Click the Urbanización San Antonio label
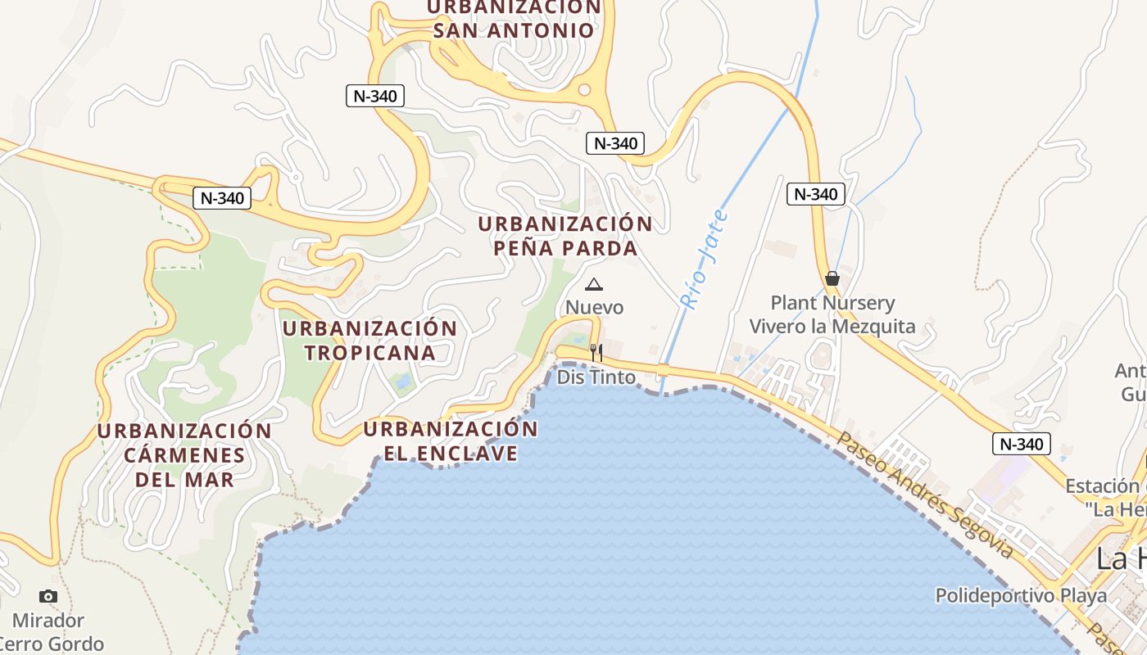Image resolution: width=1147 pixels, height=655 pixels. coord(514,19)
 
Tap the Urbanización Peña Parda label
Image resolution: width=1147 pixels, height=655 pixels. coord(566,236)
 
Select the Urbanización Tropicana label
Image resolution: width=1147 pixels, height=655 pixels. coord(370,341)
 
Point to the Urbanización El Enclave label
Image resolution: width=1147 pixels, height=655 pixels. coord(451,440)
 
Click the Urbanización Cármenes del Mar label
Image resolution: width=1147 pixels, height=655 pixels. coord(184,455)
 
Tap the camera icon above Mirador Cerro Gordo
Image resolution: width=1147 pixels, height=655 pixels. coord(48,596)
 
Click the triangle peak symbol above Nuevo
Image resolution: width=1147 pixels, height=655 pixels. coord(594,285)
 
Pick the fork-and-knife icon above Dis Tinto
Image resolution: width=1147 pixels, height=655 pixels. coord(596,353)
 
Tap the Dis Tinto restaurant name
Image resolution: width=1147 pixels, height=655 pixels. coord(596,377)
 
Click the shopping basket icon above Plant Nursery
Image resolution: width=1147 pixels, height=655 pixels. coord(832,278)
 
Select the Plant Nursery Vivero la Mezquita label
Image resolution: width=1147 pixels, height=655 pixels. coord(832,314)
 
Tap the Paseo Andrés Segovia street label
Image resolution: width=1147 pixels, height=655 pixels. coord(924,495)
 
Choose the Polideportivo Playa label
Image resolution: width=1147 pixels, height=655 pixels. coord(1021,595)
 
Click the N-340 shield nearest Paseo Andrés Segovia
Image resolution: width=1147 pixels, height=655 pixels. coord(1021,445)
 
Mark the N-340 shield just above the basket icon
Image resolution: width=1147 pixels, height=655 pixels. coord(815,194)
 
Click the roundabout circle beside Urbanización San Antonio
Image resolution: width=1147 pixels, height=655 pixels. coord(584,90)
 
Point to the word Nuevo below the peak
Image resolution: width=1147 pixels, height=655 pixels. coord(595,308)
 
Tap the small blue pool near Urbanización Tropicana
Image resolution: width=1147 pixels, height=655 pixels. coord(402,381)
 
